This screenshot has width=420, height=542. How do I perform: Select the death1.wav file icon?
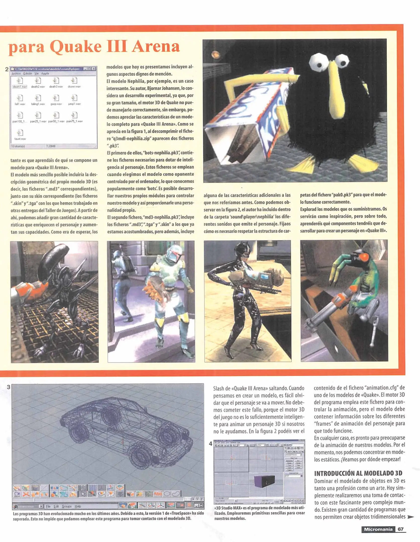click(x=20, y=81)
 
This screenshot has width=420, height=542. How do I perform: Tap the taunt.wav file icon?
click(x=20, y=133)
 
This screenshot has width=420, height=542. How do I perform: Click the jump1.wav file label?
click(x=74, y=104)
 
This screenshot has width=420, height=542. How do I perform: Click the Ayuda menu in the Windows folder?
click(x=45, y=74)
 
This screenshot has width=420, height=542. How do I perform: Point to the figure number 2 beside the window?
click(x=7, y=69)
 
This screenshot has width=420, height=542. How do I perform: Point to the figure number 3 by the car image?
click(x=8, y=387)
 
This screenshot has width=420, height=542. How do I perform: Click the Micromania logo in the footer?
click(x=378, y=529)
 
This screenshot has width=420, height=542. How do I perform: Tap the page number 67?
click(x=400, y=529)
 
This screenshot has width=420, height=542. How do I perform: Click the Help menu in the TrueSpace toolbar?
click(x=78, y=506)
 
